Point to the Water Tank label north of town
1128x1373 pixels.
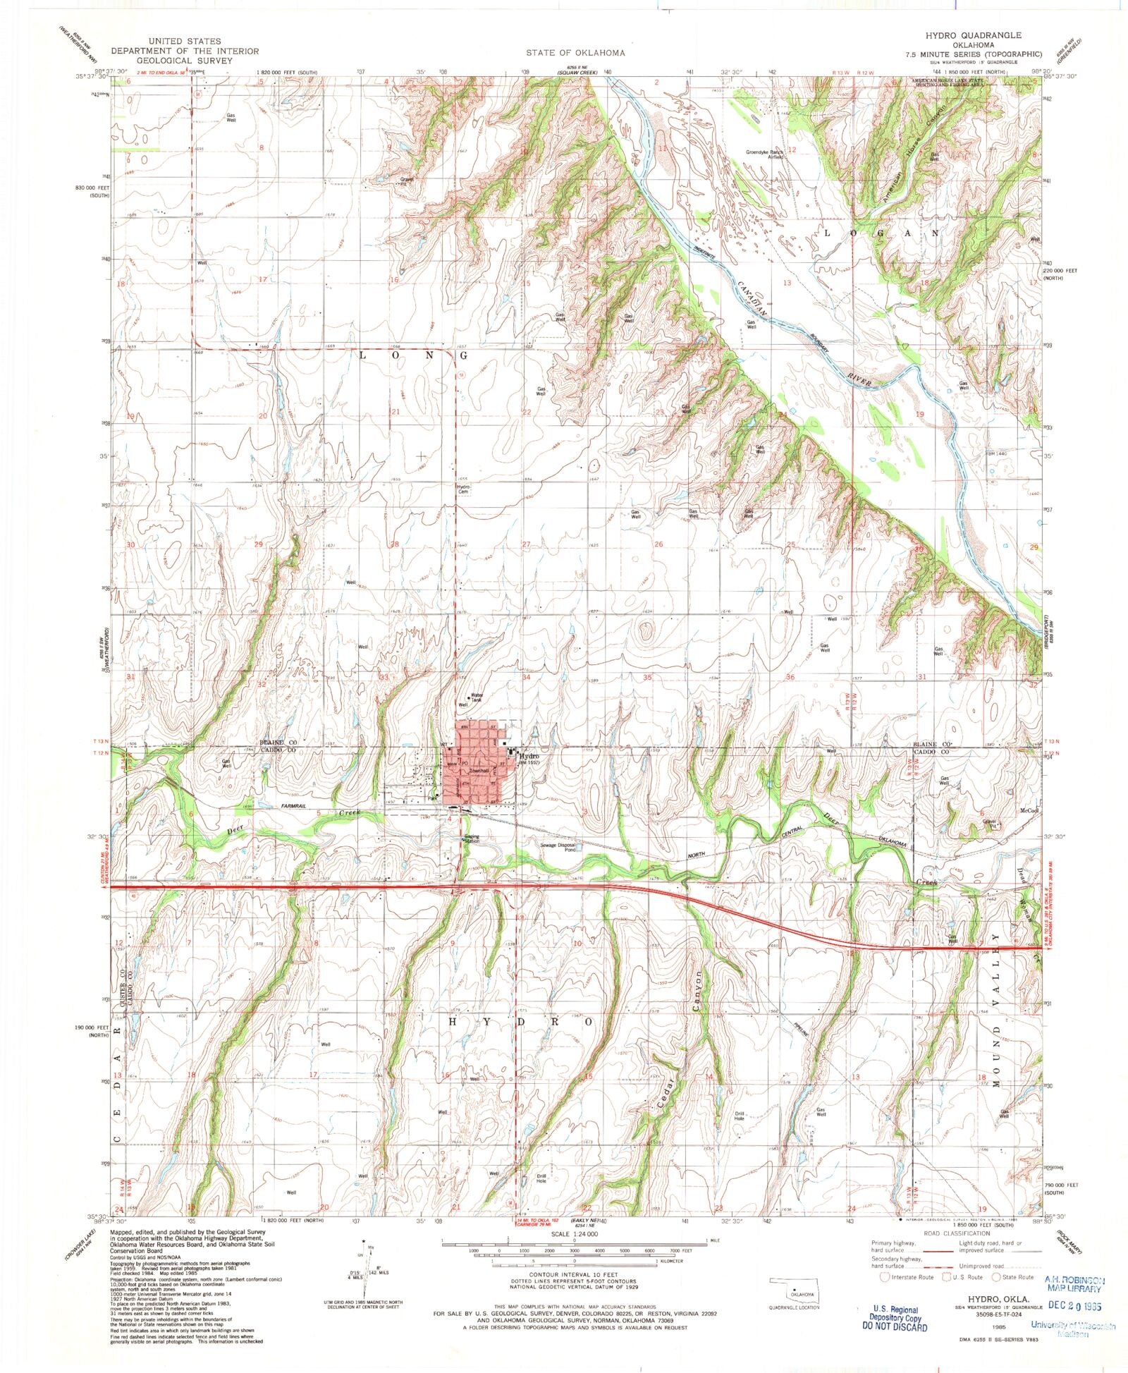(477, 696)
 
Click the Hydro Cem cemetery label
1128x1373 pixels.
(463, 489)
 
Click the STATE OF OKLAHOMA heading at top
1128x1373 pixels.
(575, 53)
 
